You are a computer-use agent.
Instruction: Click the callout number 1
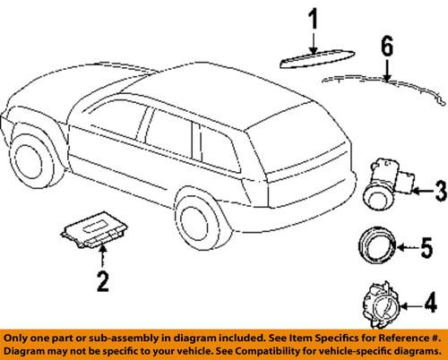tap(313, 17)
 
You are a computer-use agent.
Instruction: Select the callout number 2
tap(103, 283)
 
